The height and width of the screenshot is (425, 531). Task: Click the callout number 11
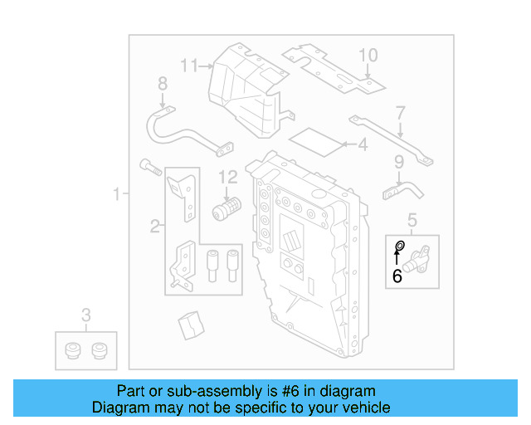tap(190, 65)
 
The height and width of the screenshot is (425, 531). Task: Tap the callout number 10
tap(368, 56)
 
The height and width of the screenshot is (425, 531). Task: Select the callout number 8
tap(163, 84)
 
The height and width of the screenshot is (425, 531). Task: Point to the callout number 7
tap(400, 112)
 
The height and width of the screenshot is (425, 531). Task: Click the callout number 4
tap(362, 145)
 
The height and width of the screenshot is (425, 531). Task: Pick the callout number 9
tap(399, 162)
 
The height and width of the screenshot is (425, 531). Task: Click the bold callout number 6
tap(397, 276)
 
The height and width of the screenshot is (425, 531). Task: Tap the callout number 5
tap(412, 220)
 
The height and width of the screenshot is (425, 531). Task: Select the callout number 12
tap(228, 176)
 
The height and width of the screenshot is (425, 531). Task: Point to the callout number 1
tap(117, 194)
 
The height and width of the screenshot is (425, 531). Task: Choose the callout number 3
tap(85, 315)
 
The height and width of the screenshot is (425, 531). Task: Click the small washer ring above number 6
tap(399, 246)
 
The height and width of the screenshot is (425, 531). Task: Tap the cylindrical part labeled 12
tap(226, 207)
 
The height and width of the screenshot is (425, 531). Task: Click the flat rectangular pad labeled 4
tap(319, 139)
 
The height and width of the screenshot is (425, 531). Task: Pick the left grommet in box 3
tap(72, 350)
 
